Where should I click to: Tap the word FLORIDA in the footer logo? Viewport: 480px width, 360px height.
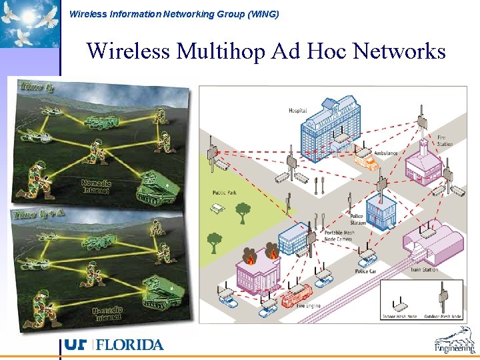coord(131,345)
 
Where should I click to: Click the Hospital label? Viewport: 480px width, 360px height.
coord(298,111)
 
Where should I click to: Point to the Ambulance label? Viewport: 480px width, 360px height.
coord(385,153)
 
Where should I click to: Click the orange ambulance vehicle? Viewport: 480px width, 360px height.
coord(365,160)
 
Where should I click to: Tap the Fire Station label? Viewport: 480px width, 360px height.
coord(445,141)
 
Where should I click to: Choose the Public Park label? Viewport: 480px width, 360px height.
coord(225,193)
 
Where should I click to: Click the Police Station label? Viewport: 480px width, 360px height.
coord(358,220)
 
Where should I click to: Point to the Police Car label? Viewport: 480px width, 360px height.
coord(365,271)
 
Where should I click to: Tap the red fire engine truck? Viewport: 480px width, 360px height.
coord(297,295)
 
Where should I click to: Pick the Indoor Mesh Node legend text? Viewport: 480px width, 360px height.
coord(399,315)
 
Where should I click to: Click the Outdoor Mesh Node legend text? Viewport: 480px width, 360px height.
coord(443,315)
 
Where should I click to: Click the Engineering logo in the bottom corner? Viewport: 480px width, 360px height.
coord(455,341)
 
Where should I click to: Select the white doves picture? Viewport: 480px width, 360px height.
coord(29,25)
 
